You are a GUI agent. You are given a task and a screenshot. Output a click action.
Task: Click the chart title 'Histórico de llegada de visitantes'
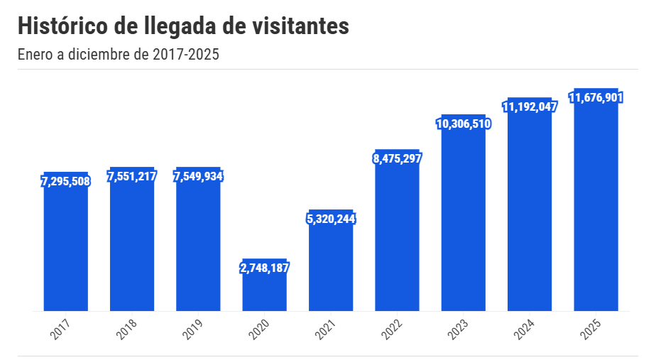(x=183, y=26)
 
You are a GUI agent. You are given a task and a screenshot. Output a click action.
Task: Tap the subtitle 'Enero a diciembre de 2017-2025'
(x=118, y=55)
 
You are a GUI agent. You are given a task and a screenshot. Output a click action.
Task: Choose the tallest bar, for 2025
(x=596, y=206)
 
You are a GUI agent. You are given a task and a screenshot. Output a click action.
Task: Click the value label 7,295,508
(x=65, y=182)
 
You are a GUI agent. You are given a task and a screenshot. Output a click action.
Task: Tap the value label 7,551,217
(x=132, y=176)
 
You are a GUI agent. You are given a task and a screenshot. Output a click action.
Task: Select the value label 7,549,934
(x=198, y=176)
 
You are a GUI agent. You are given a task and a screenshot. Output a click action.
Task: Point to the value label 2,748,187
(x=265, y=268)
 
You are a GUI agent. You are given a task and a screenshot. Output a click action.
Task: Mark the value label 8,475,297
(x=397, y=158)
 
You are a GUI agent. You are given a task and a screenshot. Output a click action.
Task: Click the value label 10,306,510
(x=463, y=124)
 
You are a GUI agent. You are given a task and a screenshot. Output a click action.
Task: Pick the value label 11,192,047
(x=530, y=107)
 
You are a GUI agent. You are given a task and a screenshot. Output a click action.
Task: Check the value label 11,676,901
(x=596, y=97)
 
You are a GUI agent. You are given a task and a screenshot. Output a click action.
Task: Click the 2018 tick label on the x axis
(x=128, y=329)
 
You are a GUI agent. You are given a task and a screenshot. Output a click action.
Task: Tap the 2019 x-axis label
(x=194, y=329)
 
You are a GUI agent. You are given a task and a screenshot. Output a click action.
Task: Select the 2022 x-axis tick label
(x=393, y=329)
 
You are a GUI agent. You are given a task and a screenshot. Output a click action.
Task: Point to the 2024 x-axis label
(x=525, y=329)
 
